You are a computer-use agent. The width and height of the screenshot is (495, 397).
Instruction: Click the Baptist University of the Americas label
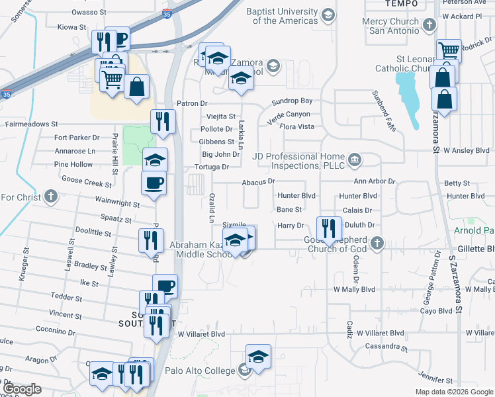[x=281, y=16]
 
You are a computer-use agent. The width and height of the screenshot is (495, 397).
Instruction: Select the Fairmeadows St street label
[x=32, y=124]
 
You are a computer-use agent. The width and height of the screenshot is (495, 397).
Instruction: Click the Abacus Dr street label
[x=258, y=181]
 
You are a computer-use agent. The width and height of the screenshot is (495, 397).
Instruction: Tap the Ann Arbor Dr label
[x=374, y=181]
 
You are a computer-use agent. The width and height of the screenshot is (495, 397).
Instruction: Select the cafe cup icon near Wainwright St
[x=154, y=183]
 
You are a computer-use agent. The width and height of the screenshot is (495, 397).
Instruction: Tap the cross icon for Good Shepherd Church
[x=377, y=243]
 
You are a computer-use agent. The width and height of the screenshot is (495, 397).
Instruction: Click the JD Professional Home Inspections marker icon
[x=355, y=159]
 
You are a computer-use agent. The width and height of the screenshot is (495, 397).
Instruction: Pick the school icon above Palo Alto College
[x=258, y=356]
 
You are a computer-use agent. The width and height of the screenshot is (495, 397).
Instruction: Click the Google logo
[x=22, y=389]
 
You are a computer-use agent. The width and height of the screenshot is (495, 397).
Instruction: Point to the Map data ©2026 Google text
[x=453, y=392]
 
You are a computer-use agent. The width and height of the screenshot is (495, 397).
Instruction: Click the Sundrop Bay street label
[x=292, y=101]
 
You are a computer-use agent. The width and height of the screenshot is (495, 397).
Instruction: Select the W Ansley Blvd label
[x=466, y=150]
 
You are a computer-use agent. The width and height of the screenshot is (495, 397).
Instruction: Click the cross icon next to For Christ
[x=50, y=197]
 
